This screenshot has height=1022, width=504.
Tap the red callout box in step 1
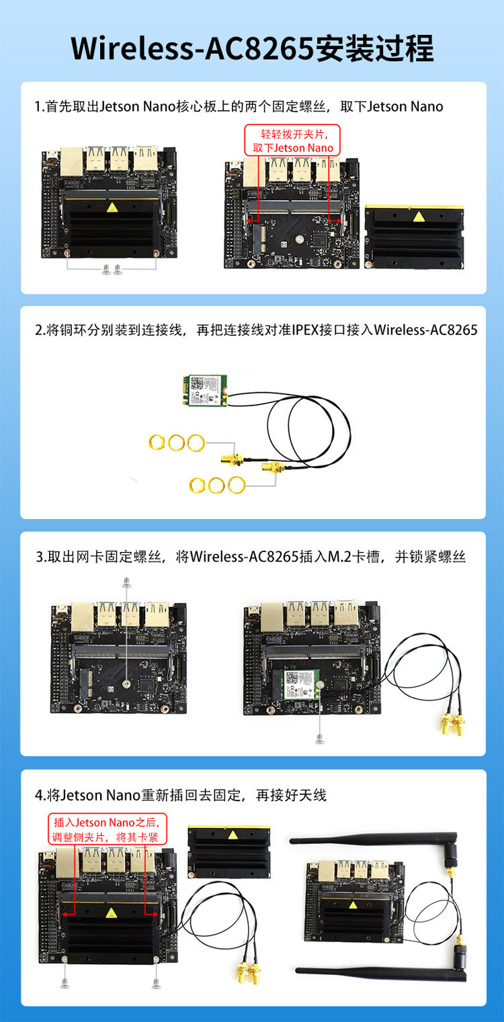click(292, 140)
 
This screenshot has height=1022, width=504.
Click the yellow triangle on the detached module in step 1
click(419, 217)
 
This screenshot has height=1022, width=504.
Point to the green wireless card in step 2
click(206, 390)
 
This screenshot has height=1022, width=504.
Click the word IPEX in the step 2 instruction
click(305, 330)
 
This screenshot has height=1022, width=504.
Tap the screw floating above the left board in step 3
click(126, 582)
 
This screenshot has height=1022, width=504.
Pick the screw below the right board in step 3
click(320, 739)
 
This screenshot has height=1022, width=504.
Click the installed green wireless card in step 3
click(301, 685)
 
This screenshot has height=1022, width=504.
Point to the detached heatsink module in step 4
click(228, 851)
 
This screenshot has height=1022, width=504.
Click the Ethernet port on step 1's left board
click(72, 162)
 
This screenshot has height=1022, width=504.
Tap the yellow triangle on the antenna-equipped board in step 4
click(352, 904)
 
